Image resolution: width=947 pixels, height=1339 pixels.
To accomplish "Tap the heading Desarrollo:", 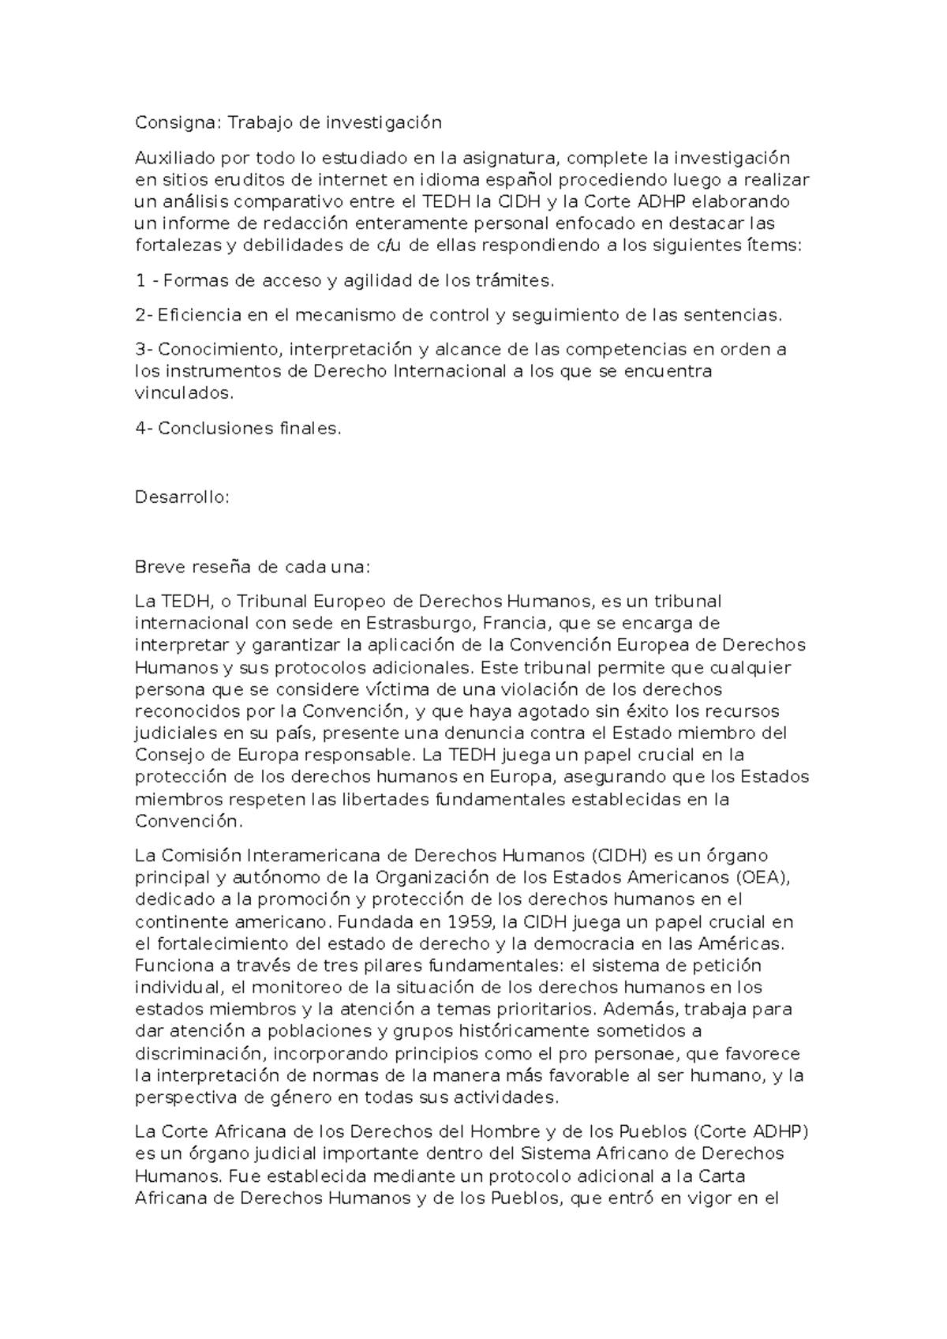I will coord(182,497).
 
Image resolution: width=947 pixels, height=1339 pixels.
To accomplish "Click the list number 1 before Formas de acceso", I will coord(140,280).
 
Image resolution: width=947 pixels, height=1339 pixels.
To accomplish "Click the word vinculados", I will coord(185,393).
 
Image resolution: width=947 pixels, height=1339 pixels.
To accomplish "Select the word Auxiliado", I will coord(174,157).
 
